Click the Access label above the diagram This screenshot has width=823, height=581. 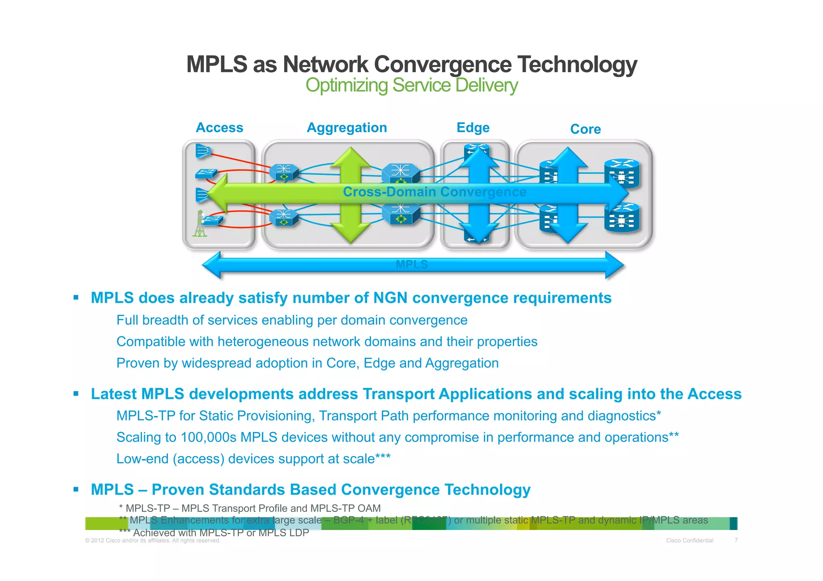click(x=219, y=128)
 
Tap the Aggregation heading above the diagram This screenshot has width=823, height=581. click(x=347, y=128)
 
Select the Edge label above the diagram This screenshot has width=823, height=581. click(x=473, y=128)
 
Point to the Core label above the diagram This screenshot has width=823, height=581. click(x=585, y=129)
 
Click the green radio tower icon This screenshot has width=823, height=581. click(x=199, y=224)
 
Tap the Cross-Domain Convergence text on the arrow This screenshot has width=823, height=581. click(x=434, y=192)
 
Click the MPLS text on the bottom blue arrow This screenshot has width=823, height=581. click(x=411, y=265)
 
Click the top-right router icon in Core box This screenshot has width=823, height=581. click(x=622, y=173)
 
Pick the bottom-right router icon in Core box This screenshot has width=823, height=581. click(x=622, y=218)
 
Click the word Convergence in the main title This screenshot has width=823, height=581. click(x=442, y=64)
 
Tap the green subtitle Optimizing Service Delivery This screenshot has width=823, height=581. click(x=411, y=86)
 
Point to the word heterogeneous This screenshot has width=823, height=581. click(x=263, y=342)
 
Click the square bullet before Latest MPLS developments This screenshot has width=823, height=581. click(x=76, y=393)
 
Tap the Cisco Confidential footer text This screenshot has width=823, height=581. click(x=690, y=540)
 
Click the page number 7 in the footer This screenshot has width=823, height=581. click(x=736, y=540)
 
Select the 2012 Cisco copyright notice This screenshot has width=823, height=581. click(x=153, y=540)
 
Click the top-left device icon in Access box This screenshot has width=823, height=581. click(x=203, y=151)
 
